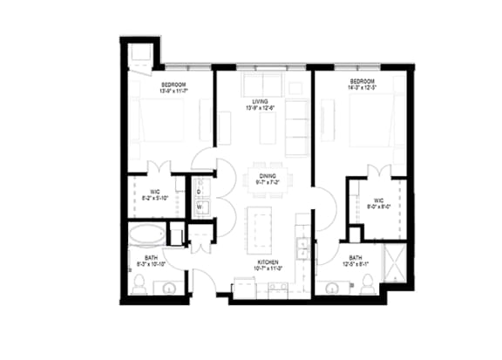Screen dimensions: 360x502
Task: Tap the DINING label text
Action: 268,176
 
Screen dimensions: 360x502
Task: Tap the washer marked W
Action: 199,207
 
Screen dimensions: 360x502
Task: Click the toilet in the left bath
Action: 141,284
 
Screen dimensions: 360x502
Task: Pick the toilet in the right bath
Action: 368,282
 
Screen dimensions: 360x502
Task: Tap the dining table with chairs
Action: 267,174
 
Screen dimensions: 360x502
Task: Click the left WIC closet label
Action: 153,194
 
